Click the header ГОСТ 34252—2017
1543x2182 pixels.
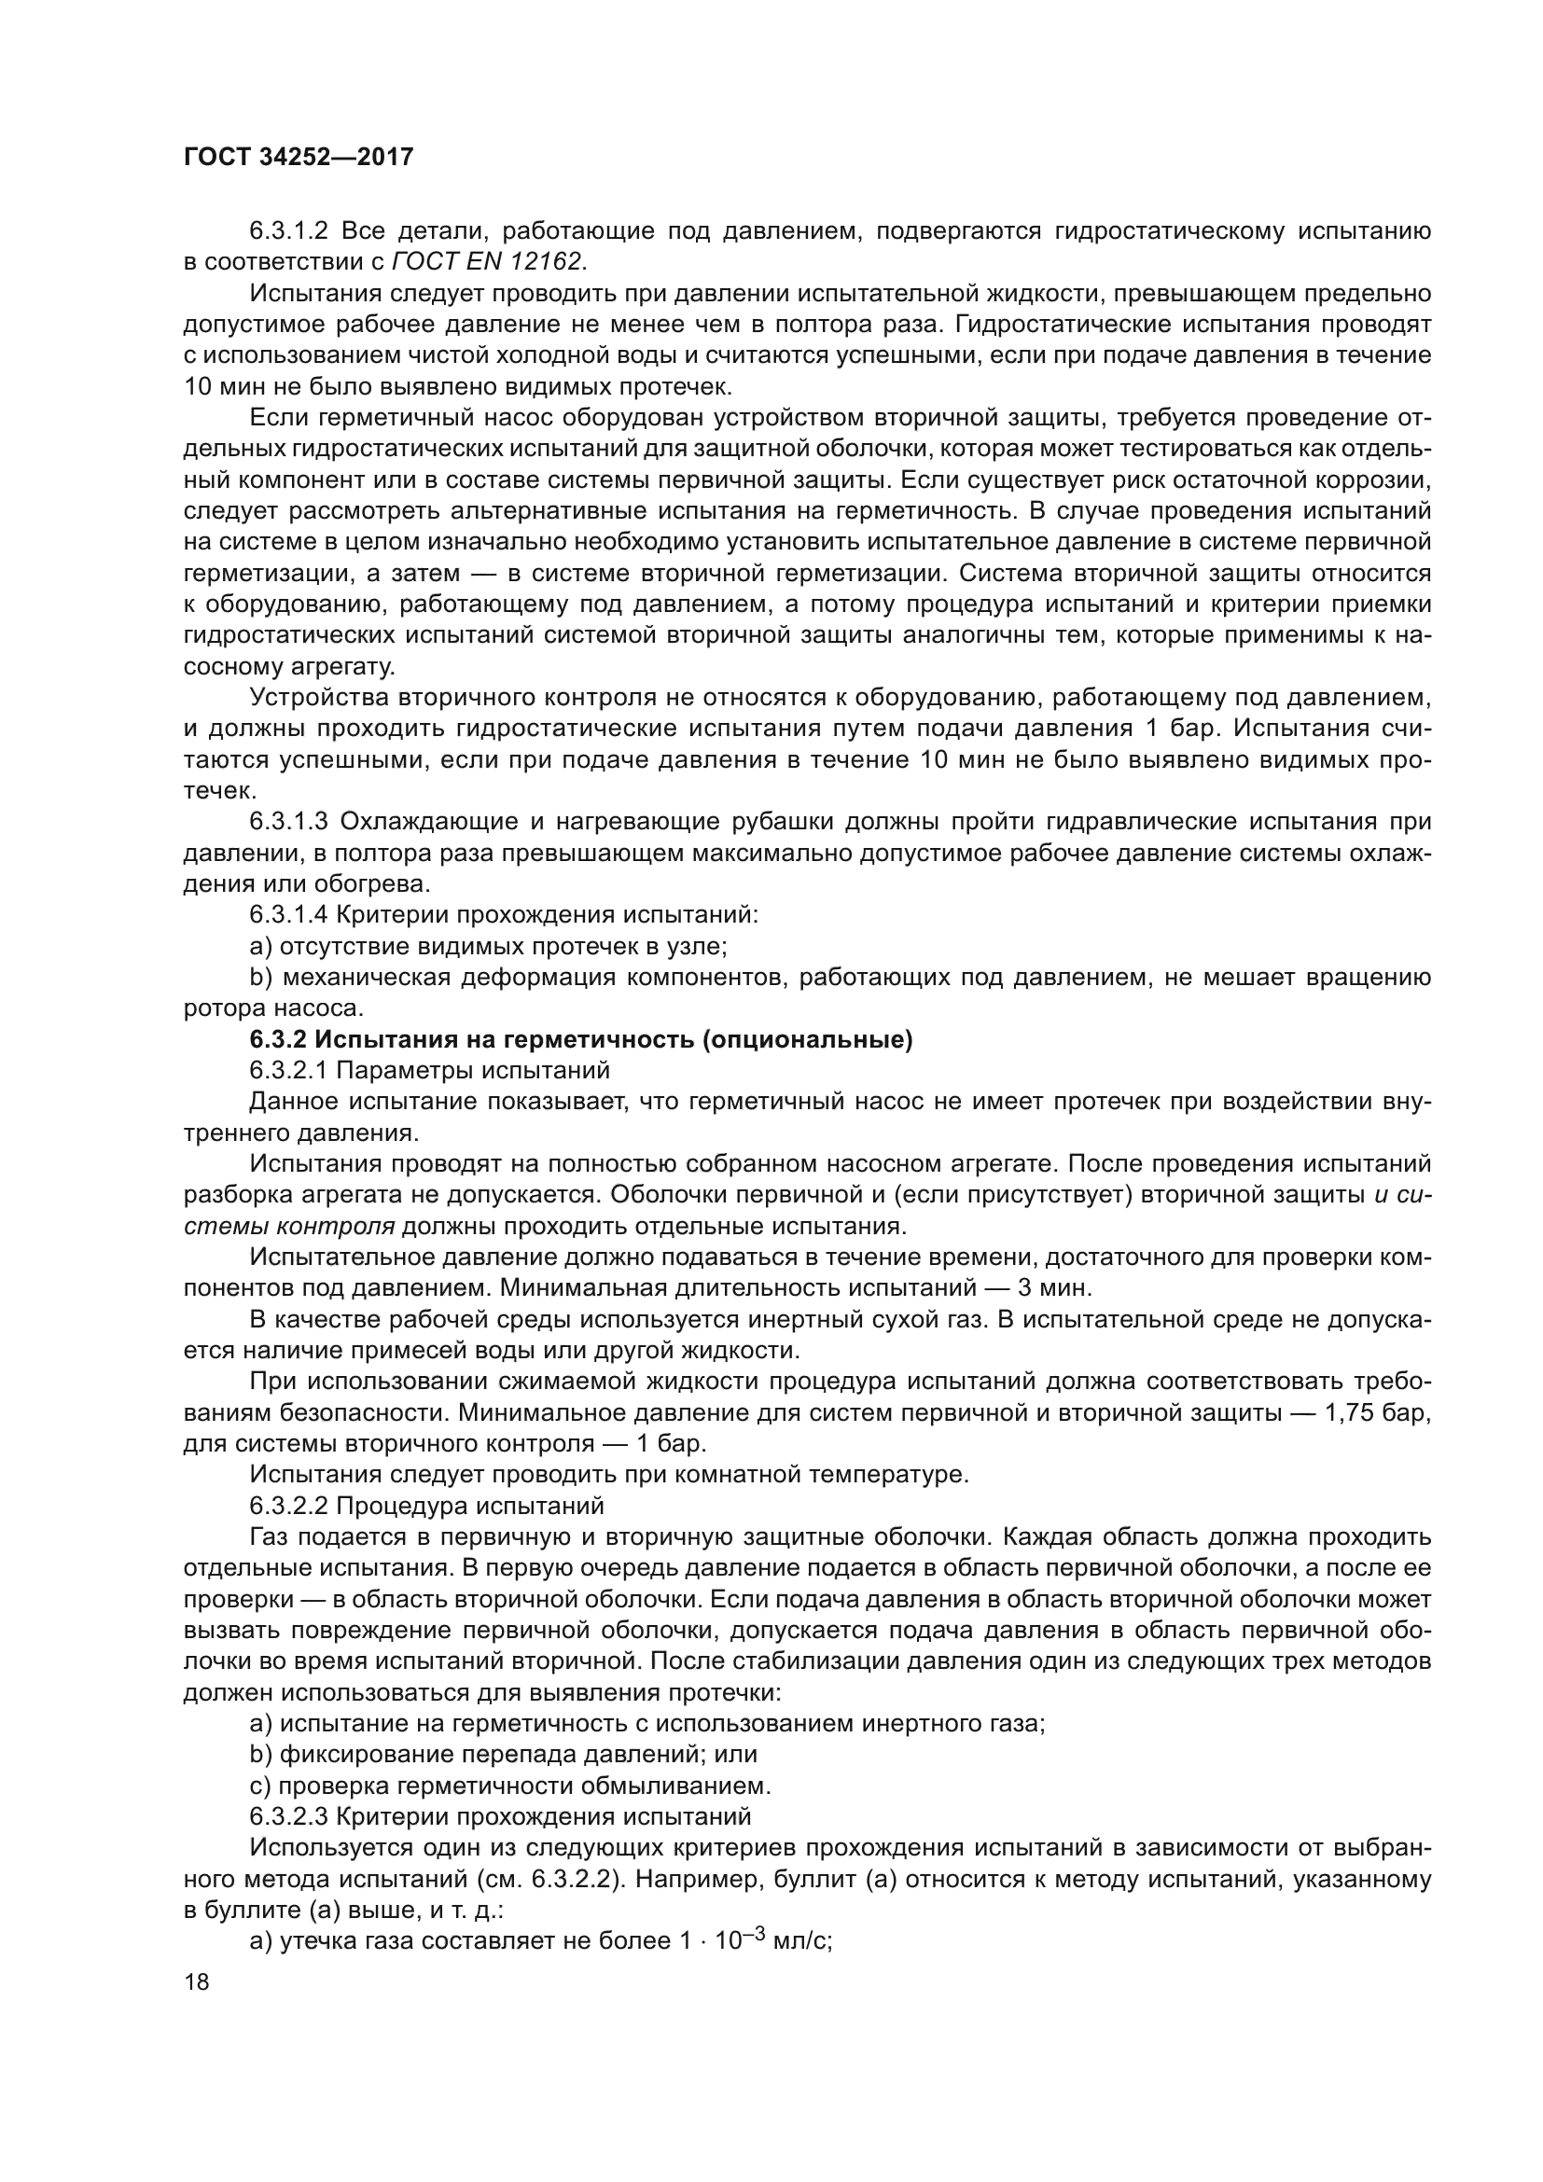pyautogui.click(x=299, y=157)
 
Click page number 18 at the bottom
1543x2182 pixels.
pyautogui.click(x=197, y=1981)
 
